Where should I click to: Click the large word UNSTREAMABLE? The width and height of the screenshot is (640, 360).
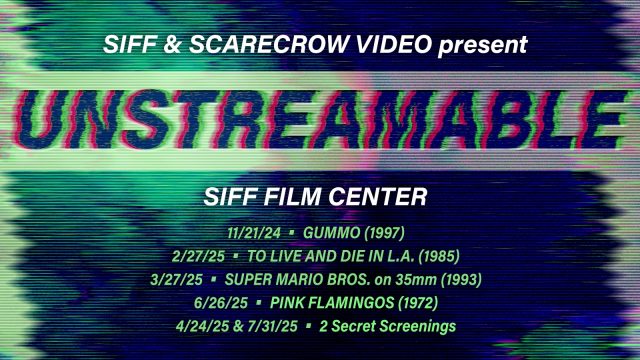click(320, 118)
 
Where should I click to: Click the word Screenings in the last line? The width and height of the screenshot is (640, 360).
click(417, 327)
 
